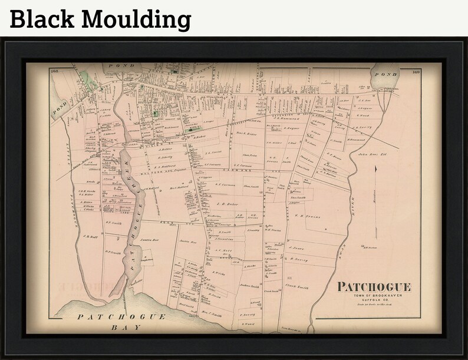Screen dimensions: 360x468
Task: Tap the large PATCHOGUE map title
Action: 374,287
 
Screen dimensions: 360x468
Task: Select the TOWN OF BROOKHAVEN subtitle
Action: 374,295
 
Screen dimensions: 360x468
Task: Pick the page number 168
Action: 56,71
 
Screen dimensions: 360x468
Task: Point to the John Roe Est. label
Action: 371,155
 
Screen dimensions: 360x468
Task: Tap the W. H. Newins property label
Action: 308,217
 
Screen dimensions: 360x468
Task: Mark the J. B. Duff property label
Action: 90,237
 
